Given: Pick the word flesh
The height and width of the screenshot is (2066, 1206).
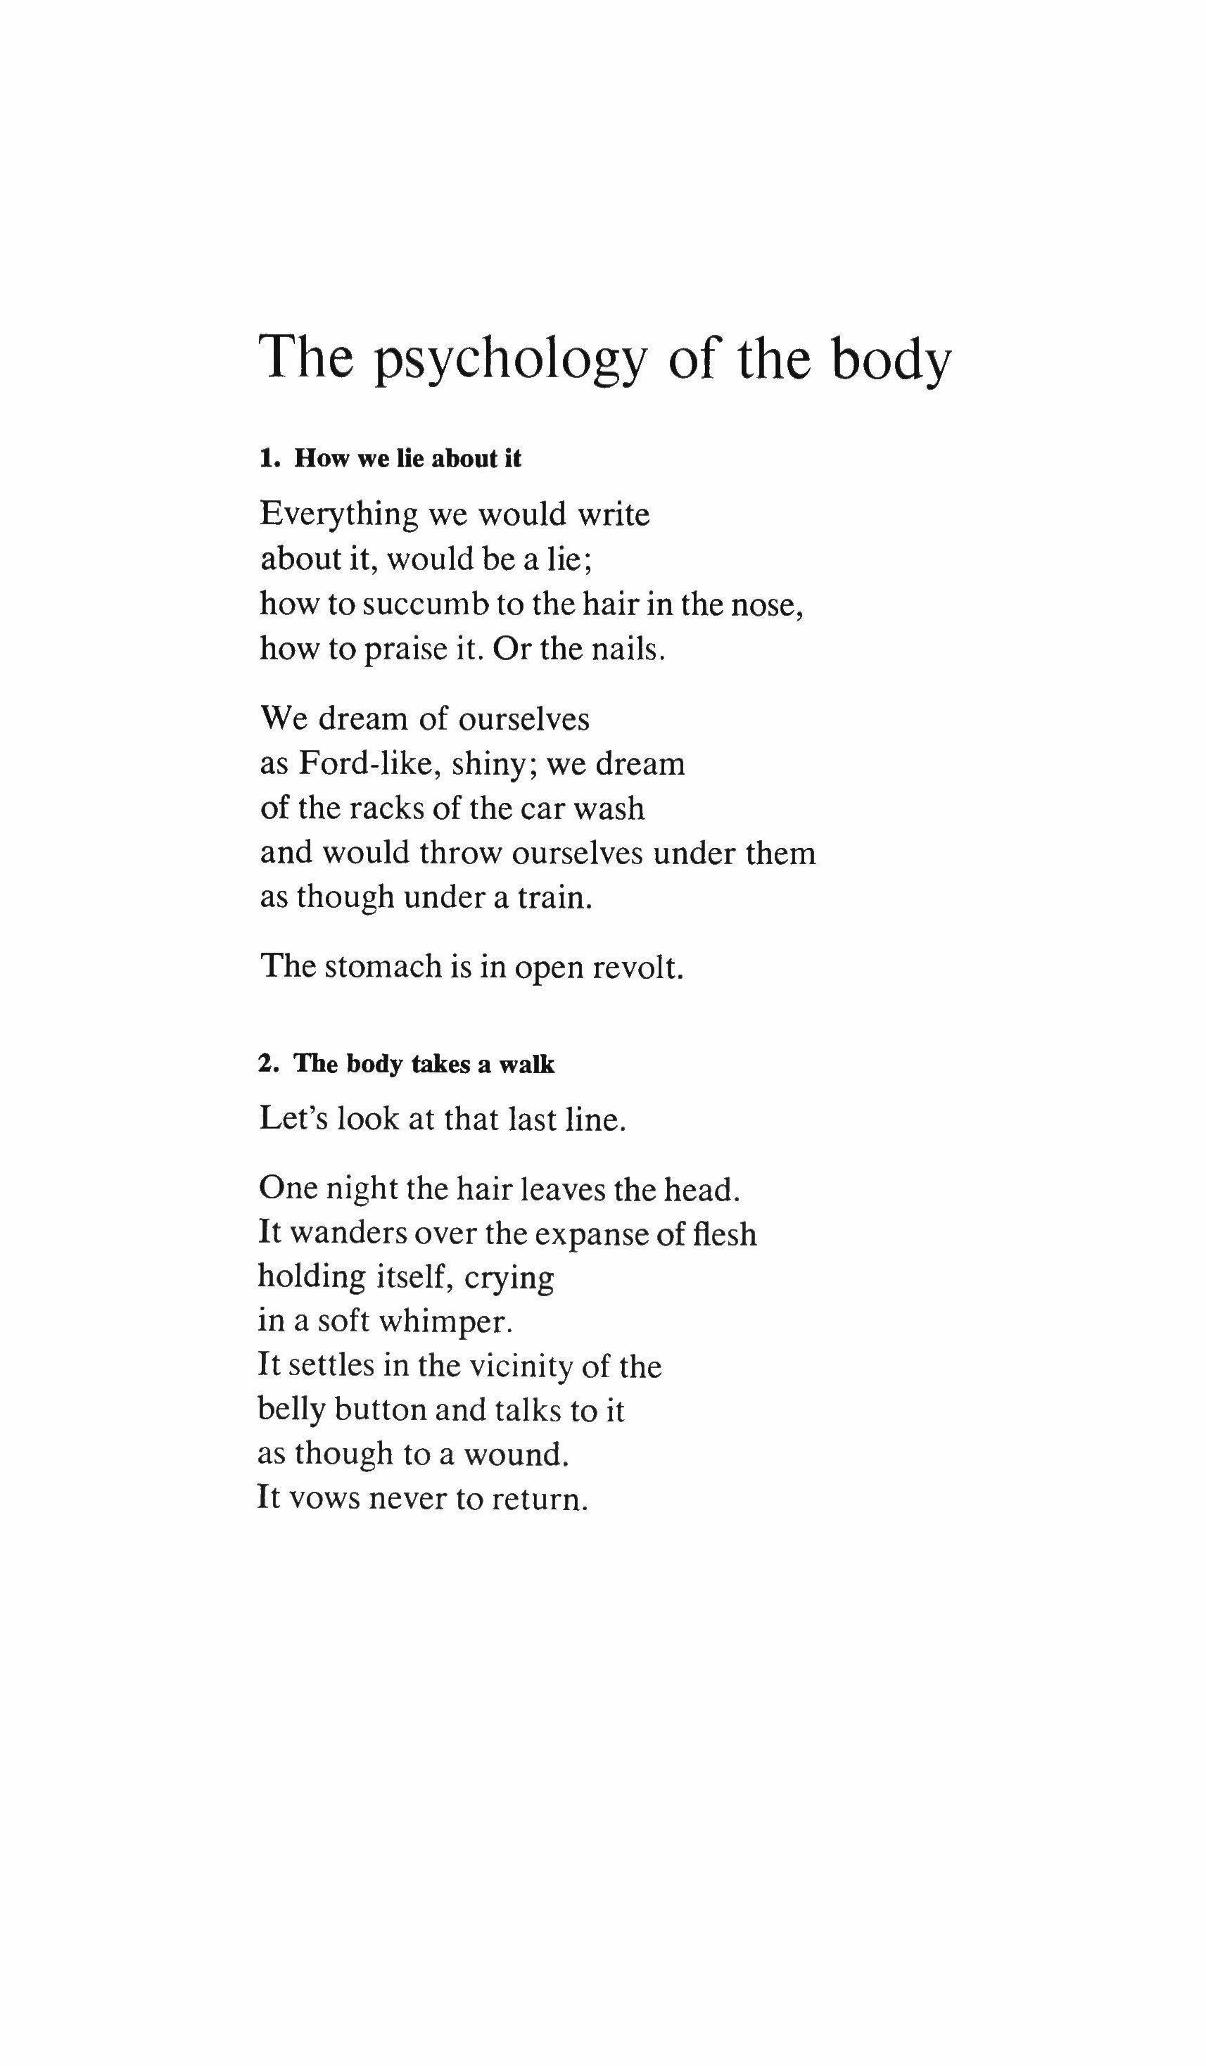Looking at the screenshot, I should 724,1233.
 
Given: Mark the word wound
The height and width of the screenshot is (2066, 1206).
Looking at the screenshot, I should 516,1455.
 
